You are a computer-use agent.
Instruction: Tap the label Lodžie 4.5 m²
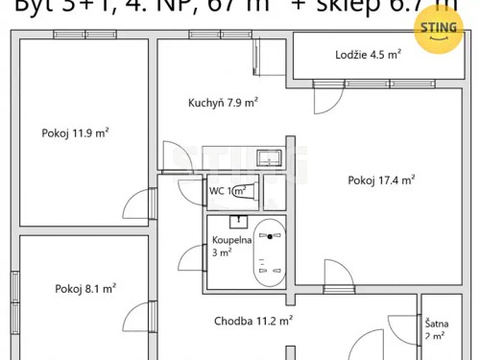[369, 55]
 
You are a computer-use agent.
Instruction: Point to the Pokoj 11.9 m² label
[74, 133]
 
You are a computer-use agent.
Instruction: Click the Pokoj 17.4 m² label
[381, 180]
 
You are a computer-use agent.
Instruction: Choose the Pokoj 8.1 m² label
[85, 288]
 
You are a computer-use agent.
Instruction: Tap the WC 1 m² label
[228, 190]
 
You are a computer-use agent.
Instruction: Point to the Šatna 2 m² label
[435, 330]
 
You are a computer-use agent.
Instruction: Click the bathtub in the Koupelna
[269, 252]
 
